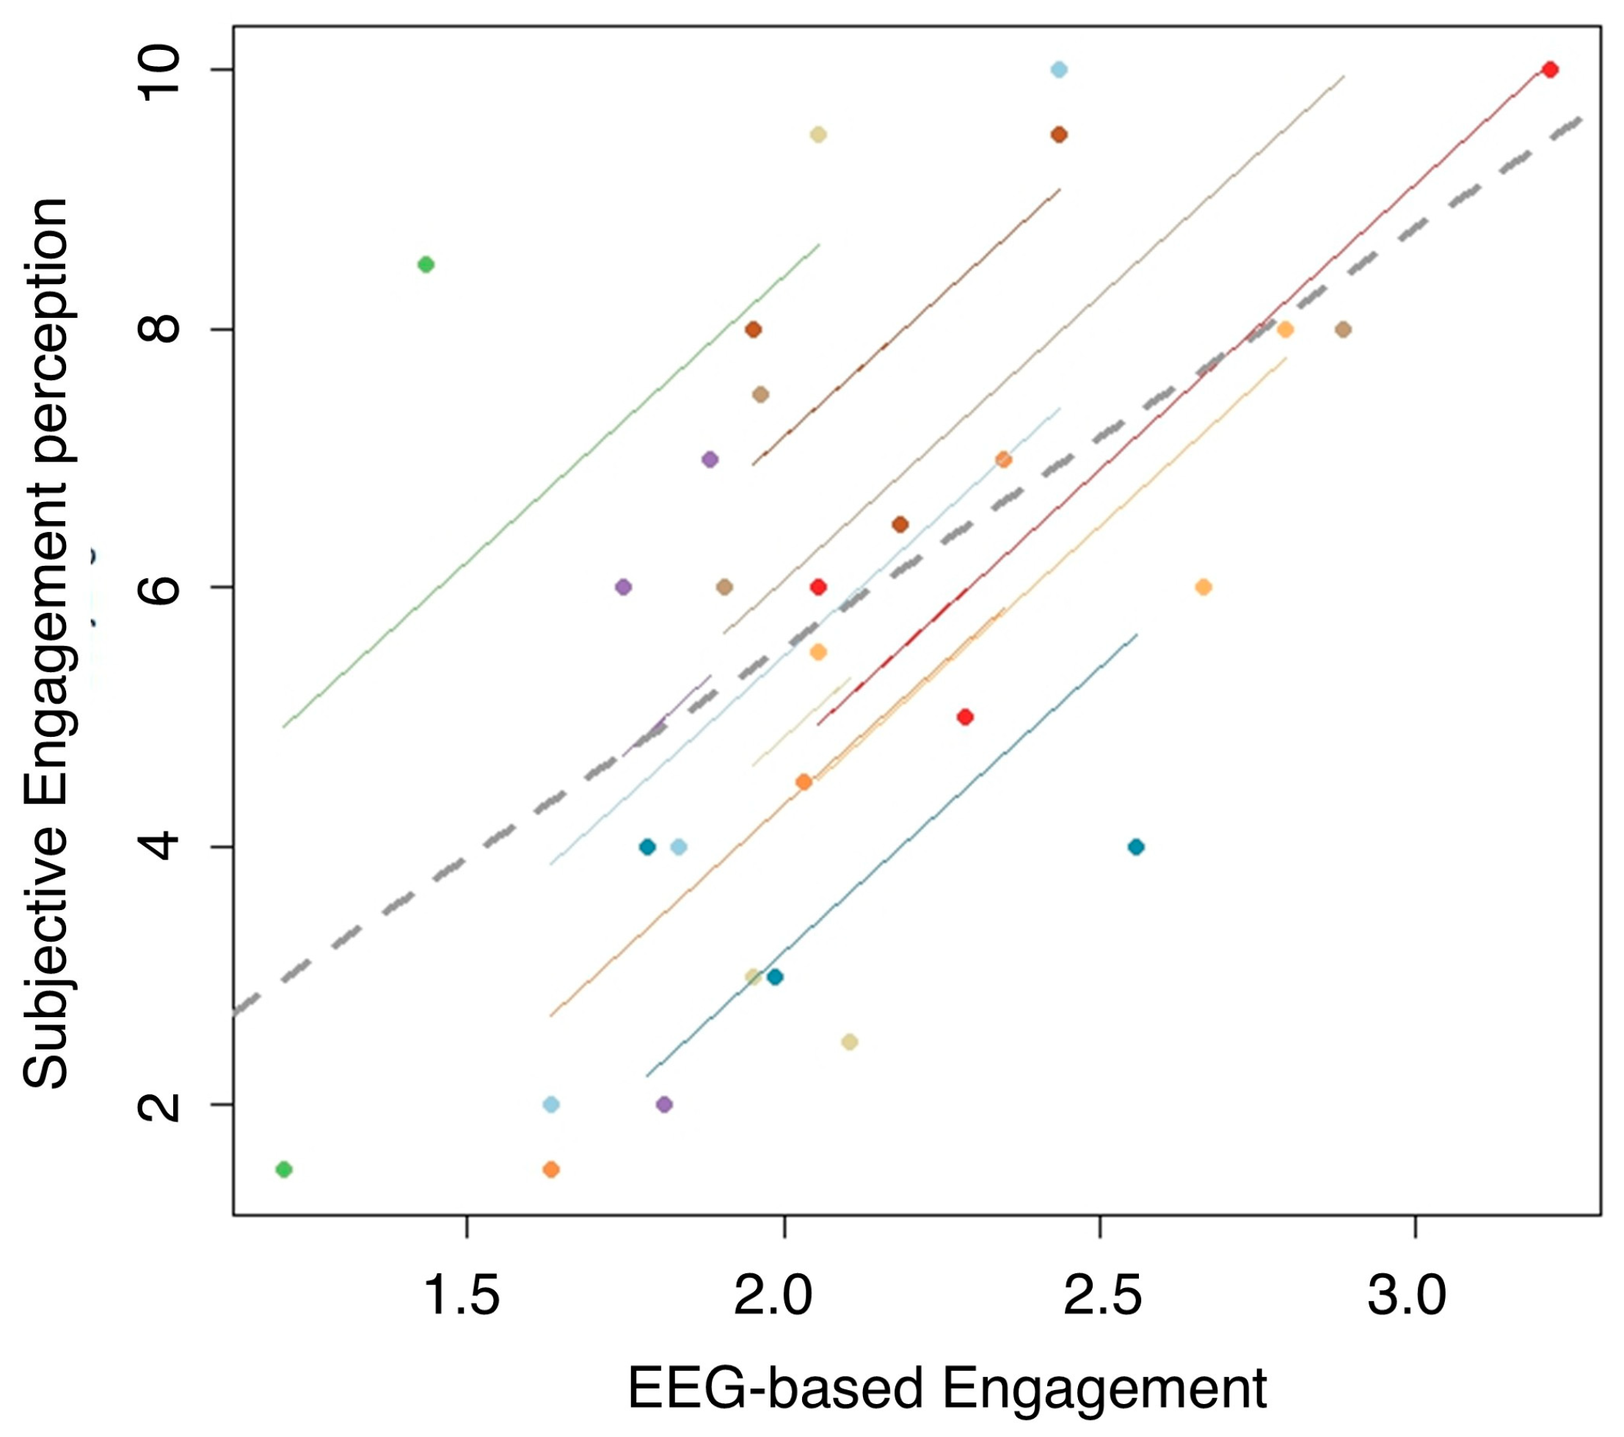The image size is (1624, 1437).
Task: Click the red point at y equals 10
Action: [1549, 70]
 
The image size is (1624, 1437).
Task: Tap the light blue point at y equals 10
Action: [1058, 70]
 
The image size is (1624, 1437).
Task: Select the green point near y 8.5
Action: [426, 265]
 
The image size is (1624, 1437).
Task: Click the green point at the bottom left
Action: [284, 1169]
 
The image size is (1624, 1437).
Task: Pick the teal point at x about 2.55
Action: [1136, 847]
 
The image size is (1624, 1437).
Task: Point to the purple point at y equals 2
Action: [665, 1105]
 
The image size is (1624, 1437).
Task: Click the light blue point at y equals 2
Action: [551, 1105]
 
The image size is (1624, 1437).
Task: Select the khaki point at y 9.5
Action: [818, 135]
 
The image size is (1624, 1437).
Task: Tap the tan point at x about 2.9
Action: [1343, 330]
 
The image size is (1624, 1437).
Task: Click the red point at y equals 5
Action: [965, 718]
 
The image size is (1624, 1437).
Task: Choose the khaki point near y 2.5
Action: [849, 1042]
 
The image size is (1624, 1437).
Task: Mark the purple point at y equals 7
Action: [710, 459]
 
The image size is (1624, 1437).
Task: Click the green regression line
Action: [548, 487]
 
